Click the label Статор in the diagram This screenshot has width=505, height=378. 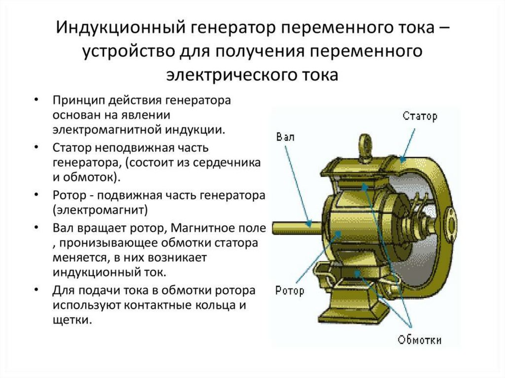click(420, 117)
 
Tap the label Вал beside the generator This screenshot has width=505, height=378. click(286, 137)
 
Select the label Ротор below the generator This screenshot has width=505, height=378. click(289, 290)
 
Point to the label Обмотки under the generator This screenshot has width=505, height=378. click(420, 340)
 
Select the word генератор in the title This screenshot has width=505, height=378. click(227, 29)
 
